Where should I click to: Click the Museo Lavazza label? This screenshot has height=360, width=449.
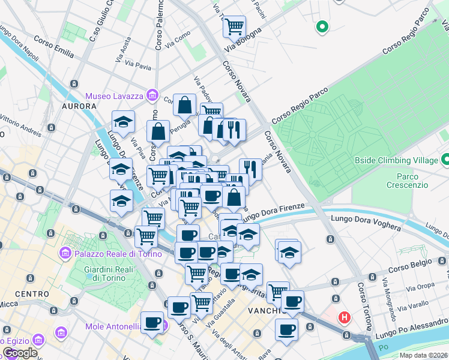pyautogui.click(x=115, y=96)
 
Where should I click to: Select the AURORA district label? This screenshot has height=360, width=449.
pyautogui.click(x=79, y=106)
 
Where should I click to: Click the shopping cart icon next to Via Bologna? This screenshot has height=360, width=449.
pyautogui.click(x=234, y=26)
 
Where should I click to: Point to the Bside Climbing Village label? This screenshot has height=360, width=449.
pyautogui.click(x=396, y=160)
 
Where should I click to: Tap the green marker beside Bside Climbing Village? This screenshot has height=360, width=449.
pyautogui.click(x=445, y=160)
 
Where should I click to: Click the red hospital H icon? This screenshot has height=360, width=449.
pyautogui.click(x=345, y=317)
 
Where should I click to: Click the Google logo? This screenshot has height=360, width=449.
pyautogui.click(x=20, y=353)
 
